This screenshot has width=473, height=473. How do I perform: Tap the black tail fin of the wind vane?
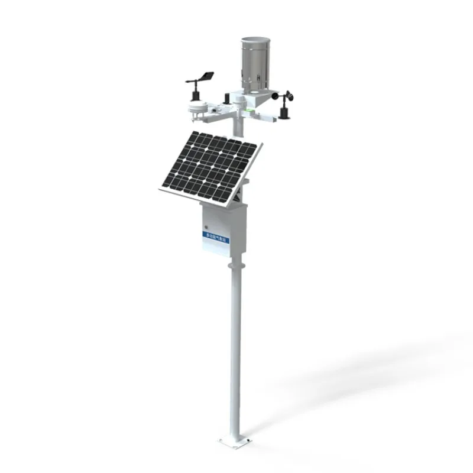[206, 76]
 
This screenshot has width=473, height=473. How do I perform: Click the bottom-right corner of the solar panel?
[229, 207]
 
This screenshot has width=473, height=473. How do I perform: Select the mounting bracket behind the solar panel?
[239, 192]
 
